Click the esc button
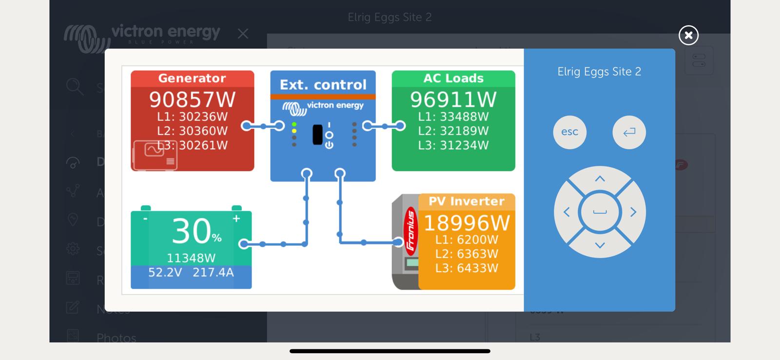(569, 132)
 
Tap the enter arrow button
(629, 132)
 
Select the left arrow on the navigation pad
(566, 212)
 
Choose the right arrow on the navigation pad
(633, 212)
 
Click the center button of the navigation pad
(600, 212)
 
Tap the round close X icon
(688, 35)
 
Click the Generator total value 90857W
(192, 100)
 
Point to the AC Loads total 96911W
(453, 100)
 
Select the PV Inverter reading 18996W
(467, 223)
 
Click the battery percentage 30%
(196, 231)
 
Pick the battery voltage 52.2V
(165, 273)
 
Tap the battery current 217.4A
(213, 273)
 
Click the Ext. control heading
(323, 85)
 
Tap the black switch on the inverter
(317, 135)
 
